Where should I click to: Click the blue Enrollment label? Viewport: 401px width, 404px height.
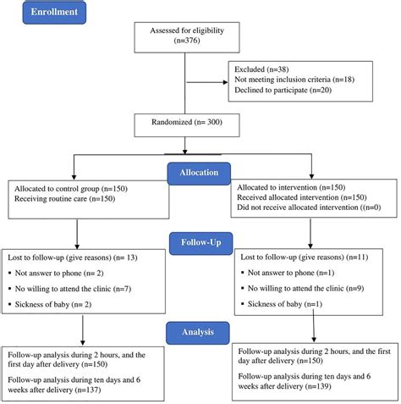click(x=54, y=13)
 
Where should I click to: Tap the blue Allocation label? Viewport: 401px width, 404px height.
click(x=199, y=174)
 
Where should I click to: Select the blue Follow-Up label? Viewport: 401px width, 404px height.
click(x=201, y=243)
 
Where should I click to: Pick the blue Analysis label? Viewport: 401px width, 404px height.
click(x=198, y=333)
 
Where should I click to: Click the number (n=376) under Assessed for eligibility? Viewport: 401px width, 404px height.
click(x=187, y=41)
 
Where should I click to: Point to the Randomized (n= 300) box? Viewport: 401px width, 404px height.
click(x=187, y=125)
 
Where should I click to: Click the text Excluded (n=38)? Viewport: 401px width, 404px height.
click(x=261, y=69)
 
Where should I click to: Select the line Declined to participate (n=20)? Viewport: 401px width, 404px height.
click(x=283, y=90)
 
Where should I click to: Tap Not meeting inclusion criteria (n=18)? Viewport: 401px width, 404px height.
click(x=294, y=80)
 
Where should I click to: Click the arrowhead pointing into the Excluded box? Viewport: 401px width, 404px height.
click(x=226, y=82)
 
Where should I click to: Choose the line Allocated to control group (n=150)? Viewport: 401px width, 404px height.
click(x=71, y=189)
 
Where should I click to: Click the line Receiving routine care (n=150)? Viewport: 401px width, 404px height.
click(x=65, y=199)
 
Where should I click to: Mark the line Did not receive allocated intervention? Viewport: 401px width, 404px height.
click(x=309, y=208)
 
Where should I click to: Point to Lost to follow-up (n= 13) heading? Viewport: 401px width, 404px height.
click(x=73, y=257)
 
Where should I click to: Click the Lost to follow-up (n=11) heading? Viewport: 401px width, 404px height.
click(x=305, y=257)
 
